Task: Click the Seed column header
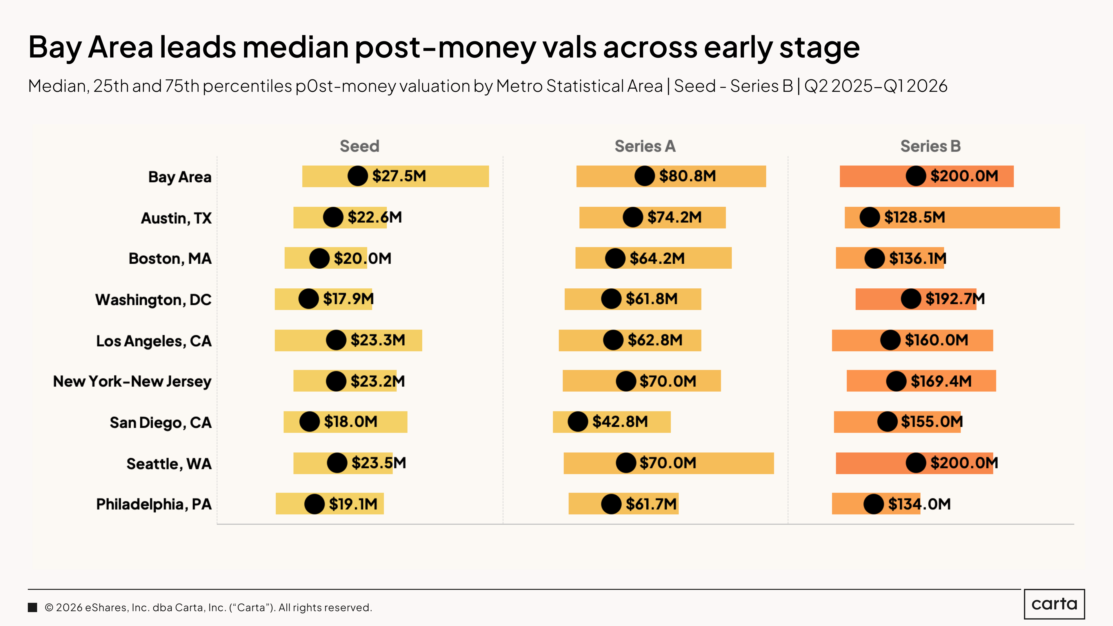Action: [359, 146]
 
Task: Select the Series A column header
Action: [645, 146]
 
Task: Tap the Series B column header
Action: [930, 146]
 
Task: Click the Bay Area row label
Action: [180, 177]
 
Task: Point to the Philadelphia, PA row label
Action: [154, 504]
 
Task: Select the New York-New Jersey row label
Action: [132, 381]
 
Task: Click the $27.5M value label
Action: [399, 176]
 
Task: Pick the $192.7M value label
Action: [955, 299]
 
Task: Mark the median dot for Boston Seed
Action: [319, 258]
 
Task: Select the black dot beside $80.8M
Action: [645, 176]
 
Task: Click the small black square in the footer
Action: [32, 607]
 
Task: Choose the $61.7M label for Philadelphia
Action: [651, 504]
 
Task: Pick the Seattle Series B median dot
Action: [916, 463]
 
